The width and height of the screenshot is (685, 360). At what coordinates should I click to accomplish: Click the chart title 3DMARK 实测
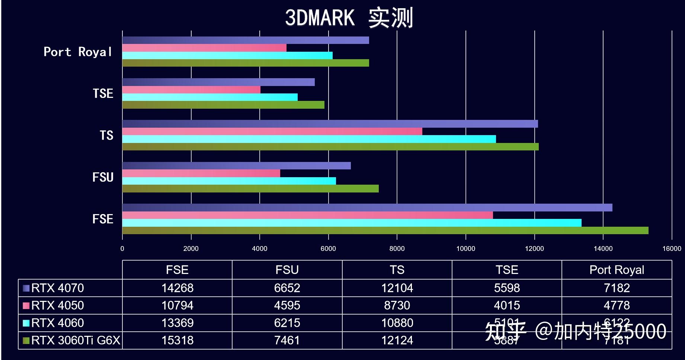pyautogui.click(x=349, y=17)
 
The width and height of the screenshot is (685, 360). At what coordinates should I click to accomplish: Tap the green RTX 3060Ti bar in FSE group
pyautogui.click(x=385, y=230)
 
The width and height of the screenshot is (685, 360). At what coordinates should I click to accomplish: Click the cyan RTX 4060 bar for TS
pyautogui.click(x=309, y=139)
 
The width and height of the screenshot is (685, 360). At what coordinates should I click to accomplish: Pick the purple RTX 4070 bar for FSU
pyautogui.click(x=236, y=166)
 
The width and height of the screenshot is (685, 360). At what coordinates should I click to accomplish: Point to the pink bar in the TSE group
pyautogui.click(x=191, y=90)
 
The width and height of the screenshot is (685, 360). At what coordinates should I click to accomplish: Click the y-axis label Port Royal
pyautogui.click(x=78, y=52)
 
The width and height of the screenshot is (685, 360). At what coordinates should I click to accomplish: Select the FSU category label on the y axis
pyautogui.click(x=103, y=177)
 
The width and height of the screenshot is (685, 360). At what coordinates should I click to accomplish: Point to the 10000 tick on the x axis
pyautogui.click(x=465, y=248)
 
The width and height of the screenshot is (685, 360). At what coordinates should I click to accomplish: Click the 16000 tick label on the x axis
pyautogui.click(x=671, y=248)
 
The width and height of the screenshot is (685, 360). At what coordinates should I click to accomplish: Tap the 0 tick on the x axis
pyautogui.click(x=122, y=248)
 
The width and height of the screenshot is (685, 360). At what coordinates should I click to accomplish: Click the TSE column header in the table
pyautogui.click(x=506, y=270)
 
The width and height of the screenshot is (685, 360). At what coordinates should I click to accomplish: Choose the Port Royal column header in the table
pyautogui.click(x=617, y=270)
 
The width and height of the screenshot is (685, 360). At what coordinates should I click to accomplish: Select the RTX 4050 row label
pyautogui.click(x=57, y=305)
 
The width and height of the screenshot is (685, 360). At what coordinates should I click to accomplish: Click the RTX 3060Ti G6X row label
pyautogui.click(x=76, y=340)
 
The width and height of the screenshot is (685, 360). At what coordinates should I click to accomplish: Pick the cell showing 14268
pyautogui.click(x=177, y=288)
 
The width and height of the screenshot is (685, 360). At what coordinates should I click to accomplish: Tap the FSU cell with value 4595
pyautogui.click(x=287, y=305)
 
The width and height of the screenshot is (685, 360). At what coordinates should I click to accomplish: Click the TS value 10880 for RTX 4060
pyautogui.click(x=397, y=323)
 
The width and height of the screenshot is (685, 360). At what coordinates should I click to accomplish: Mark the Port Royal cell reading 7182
pyautogui.click(x=617, y=288)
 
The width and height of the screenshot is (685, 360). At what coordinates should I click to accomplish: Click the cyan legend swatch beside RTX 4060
pyautogui.click(x=26, y=323)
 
